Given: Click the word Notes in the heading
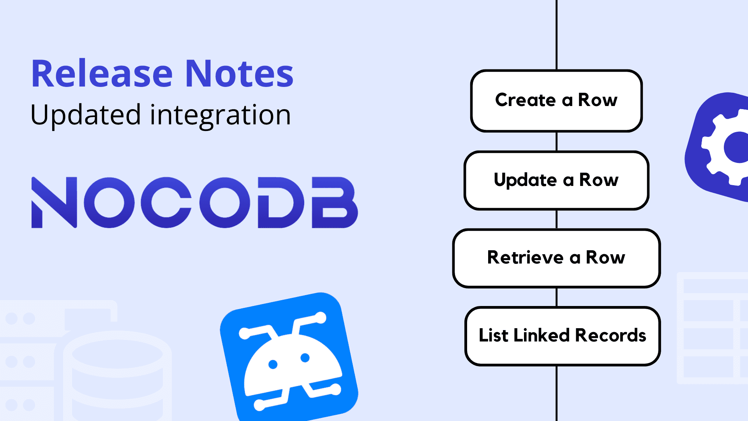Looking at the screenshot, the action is coord(239,73).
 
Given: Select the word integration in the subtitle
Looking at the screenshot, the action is coord(221,115).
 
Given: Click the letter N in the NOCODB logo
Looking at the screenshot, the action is coord(54,202).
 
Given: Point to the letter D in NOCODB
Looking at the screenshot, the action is coord(280,202).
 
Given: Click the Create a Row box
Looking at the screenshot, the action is coord(556,101).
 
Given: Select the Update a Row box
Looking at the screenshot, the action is coord(556,180).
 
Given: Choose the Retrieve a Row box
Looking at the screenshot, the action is coord(556,258).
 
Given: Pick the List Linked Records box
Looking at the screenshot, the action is coord(563,336).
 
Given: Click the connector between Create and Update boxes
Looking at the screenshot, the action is coord(556,142).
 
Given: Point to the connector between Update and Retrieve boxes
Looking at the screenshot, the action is coord(556,219).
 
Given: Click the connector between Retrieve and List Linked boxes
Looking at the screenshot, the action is coord(556,297).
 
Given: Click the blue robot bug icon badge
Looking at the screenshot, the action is coord(289,357).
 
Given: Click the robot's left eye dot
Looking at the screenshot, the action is coord(273,364).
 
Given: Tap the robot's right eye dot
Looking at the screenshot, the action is coord(305,357).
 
